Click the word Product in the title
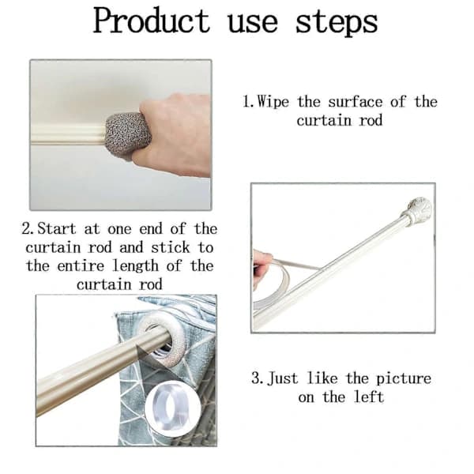click(152, 21)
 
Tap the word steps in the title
click(337, 23)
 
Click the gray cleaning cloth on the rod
click(128, 135)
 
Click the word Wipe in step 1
click(273, 102)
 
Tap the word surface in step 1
click(355, 102)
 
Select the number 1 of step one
click(246, 102)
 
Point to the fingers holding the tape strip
click(262, 265)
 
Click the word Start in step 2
click(57, 228)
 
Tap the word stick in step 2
click(171, 247)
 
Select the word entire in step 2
click(81, 266)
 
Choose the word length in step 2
click(135, 267)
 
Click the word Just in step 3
click(283, 378)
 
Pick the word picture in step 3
click(404, 379)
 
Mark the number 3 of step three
click(256, 378)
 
